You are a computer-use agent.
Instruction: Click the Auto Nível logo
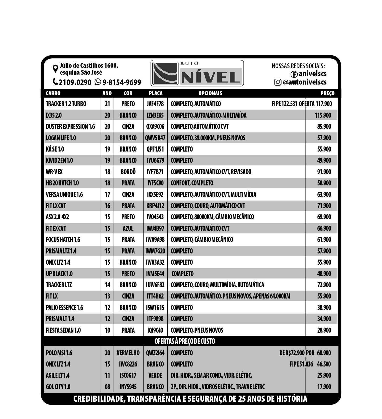click(x=197, y=73)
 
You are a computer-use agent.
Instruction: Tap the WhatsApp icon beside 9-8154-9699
click(x=98, y=82)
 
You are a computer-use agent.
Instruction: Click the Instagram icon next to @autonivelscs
click(x=278, y=82)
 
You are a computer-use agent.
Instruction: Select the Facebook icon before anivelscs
click(x=294, y=74)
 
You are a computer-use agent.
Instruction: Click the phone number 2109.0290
click(x=75, y=82)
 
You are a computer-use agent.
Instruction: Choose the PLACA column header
click(x=156, y=93)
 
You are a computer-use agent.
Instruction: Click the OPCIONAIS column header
click(x=210, y=93)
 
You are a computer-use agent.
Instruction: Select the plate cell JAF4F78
click(x=155, y=104)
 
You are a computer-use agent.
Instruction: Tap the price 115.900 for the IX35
click(x=323, y=115)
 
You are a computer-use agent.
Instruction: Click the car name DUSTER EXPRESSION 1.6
click(x=70, y=127)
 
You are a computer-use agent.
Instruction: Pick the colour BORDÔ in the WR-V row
click(x=128, y=172)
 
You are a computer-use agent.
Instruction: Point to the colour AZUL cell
click(x=128, y=228)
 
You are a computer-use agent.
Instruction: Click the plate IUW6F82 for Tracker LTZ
click(x=155, y=285)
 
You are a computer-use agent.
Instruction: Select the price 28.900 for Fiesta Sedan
click(x=324, y=330)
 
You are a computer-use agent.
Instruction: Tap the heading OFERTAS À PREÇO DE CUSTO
click(x=185, y=341)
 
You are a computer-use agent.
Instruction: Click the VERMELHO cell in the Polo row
click(x=128, y=353)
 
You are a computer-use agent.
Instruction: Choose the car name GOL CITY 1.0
click(x=58, y=387)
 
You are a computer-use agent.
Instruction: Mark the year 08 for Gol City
click(x=107, y=387)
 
